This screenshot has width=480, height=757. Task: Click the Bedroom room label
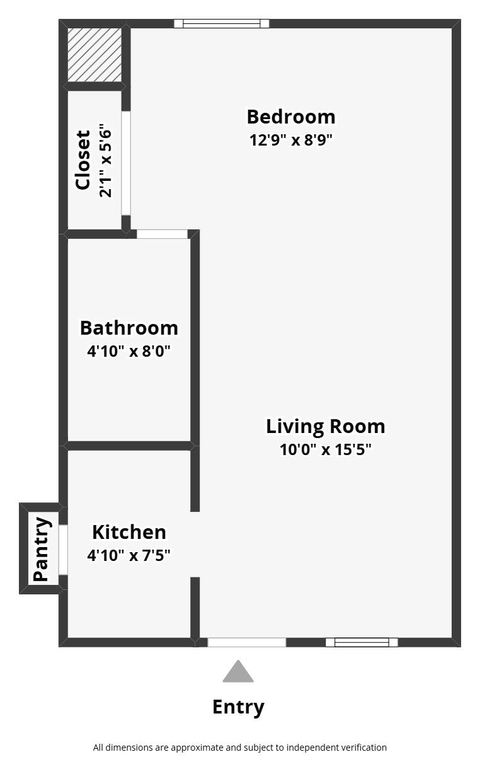click(290, 117)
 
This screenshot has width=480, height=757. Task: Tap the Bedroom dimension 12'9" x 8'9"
click(290, 139)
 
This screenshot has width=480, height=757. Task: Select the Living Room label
click(325, 426)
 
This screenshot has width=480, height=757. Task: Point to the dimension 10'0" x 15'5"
click(325, 449)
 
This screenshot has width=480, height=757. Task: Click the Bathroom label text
click(129, 328)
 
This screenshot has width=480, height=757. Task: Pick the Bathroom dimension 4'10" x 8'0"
click(129, 350)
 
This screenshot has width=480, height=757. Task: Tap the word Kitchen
click(129, 532)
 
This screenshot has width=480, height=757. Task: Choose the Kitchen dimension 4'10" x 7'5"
click(129, 555)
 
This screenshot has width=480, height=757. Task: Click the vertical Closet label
click(83, 160)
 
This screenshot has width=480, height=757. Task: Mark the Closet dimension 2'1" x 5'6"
click(105, 163)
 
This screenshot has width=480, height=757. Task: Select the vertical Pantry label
click(41, 549)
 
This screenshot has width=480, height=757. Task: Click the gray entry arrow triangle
click(238, 673)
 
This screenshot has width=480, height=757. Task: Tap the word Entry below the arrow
click(238, 707)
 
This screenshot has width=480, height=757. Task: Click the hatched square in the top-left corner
click(94, 55)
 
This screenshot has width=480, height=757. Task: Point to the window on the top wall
click(221, 24)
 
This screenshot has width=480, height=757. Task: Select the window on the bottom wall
click(362, 642)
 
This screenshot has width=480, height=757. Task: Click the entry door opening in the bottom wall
click(247, 642)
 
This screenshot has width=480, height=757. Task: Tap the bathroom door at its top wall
click(162, 234)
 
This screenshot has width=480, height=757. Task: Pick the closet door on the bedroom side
click(126, 163)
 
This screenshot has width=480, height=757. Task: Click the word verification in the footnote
click(362, 748)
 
